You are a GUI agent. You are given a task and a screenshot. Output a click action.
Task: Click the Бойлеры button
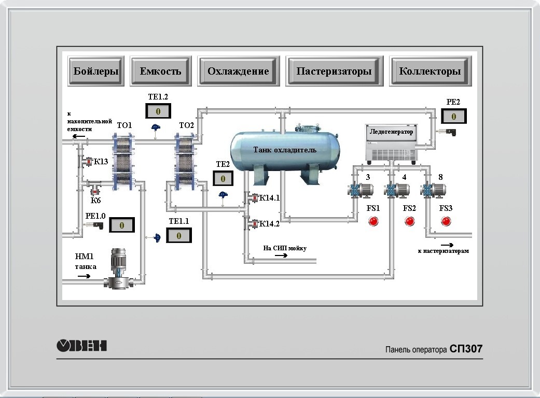tap(96, 71)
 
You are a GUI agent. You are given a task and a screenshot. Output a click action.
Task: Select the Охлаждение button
tap(238, 71)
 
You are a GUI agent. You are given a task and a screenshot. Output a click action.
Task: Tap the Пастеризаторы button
tap(334, 71)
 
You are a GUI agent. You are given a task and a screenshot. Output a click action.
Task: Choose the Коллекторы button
tap(430, 71)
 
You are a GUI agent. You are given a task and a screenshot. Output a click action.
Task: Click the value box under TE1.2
tap(158, 111)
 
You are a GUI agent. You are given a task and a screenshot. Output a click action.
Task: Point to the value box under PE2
tap(453, 116)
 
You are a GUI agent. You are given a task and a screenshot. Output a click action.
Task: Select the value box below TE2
tap(223, 178)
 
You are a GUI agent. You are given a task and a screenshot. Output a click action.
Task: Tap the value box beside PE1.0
tap(122, 225)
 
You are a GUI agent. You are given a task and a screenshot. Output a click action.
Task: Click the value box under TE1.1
tap(179, 235)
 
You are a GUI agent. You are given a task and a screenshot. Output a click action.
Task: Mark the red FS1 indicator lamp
tap(373, 221)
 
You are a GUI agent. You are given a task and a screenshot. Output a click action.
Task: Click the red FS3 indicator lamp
tap(446, 221)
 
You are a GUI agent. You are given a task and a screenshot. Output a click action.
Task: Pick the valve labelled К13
tap(88, 162)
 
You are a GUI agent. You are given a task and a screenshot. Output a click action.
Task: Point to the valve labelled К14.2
tap(254, 224)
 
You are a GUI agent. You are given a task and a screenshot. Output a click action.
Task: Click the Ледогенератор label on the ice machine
tap(392, 132)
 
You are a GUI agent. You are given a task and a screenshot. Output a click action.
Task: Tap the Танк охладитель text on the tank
tap(285, 150)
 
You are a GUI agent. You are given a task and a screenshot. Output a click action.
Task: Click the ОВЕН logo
tap(81, 345)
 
